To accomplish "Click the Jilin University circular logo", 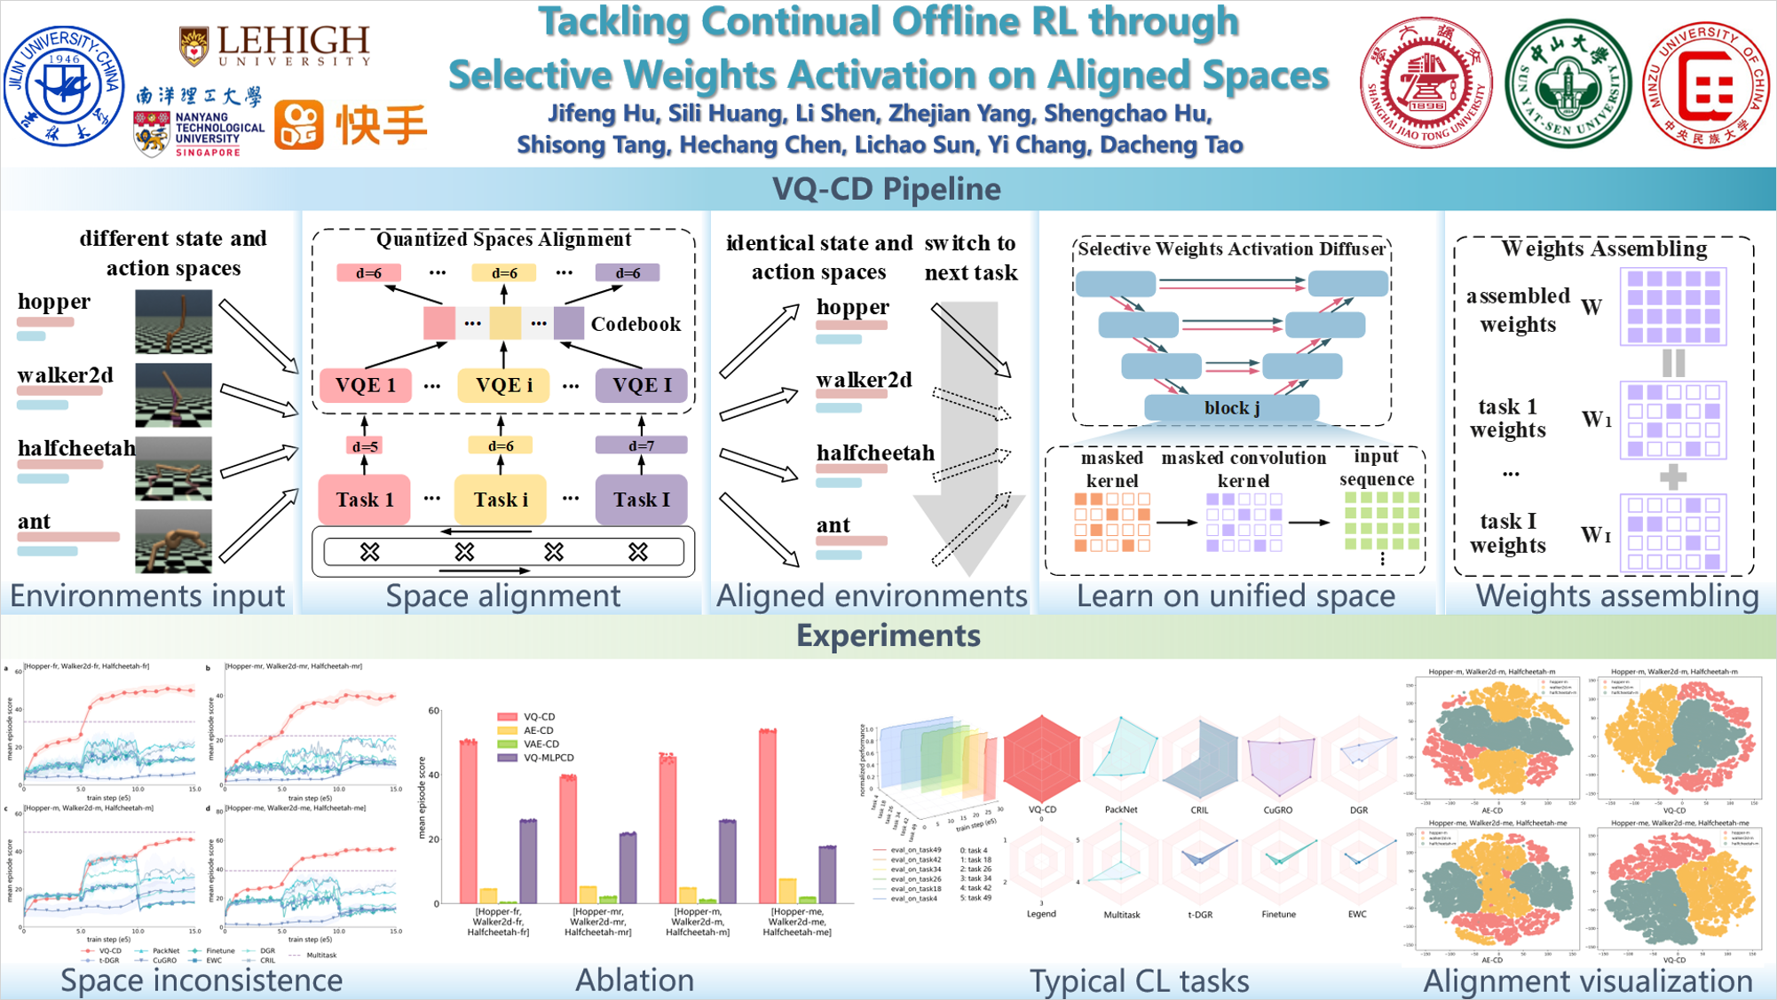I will click(64, 86).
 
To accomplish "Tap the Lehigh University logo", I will click(275, 46).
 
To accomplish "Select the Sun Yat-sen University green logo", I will click(1568, 84).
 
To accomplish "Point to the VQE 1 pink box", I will click(366, 385).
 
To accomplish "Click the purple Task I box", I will click(641, 500).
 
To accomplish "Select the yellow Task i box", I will click(502, 500).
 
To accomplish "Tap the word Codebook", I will click(636, 324).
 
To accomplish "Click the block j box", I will click(1231, 407).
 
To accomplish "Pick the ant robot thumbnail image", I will click(173, 540).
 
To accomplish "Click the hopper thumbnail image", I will click(173, 321).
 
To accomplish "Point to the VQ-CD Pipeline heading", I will click(887, 189).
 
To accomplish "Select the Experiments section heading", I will click(888, 635).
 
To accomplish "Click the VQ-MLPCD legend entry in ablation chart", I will click(548, 758).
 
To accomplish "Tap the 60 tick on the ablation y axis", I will click(433, 711).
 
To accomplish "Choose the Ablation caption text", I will click(635, 980).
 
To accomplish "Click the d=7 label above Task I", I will click(641, 445).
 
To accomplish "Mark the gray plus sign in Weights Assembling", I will click(1672, 477).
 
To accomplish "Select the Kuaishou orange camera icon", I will click(298, 125).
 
